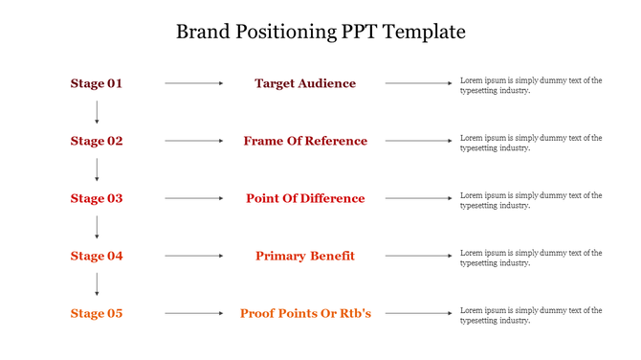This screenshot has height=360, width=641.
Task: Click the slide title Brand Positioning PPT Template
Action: pyautogui.click(x=320, y=32)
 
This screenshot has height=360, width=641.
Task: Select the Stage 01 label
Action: pyautogui.click(x=97, y=83)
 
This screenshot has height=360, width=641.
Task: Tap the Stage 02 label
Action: pyautogui.click(x=97, y=141)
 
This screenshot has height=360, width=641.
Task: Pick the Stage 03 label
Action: pyautogui.click(x=97, y=198)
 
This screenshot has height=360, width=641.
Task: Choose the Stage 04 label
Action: pyautogui.click(x=97, y=256)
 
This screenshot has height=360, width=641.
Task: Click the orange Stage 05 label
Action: pyautogui.click(x=97, y=313)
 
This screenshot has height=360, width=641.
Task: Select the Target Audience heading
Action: pyautogui.click(x=305, y=83)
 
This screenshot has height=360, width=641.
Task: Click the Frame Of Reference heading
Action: pyautogui.click(x=305, y=141)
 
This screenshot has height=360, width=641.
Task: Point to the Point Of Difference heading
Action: pyautogui.click(x=305, y=198)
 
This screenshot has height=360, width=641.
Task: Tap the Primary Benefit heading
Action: pyautogui.click(x=305, y=256)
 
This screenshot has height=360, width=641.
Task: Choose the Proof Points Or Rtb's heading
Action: pyautogui.click(x=305, y=313)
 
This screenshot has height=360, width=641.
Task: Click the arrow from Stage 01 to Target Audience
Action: pyautogui.click(x=194, y=83)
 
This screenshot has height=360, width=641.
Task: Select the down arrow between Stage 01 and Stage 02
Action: pyautogui.click(x=97, y=112)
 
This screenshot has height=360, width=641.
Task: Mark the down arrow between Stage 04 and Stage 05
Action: pyautogui.click(x=97, y=284)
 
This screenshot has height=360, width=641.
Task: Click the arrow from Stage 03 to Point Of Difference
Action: pyautogui.click(x=194, y=198)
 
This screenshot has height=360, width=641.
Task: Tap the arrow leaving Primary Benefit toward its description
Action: pyautogui.click(x=418, y=256)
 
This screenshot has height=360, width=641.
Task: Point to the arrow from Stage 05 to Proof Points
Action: pyautogui.click(x=194, y=313)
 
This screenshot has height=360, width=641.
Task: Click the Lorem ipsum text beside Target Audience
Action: pyautogui.click(x=531, y=85)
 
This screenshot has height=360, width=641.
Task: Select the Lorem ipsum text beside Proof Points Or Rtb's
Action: pyautogui.click(x=531, y=315)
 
